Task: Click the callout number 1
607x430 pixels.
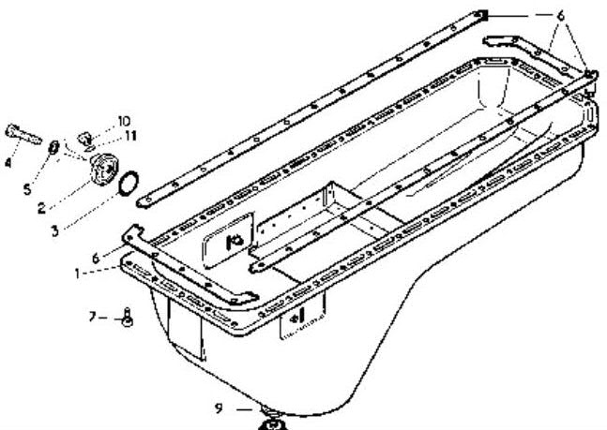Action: coord(78,274)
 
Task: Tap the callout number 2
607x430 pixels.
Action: coord(41,208)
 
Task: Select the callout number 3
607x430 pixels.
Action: coord(55,231)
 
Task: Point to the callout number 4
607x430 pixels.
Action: coord(8,162)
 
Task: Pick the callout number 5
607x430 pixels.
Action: coord(27,189)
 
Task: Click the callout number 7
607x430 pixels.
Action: coord(92,318)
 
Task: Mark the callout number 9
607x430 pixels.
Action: coord(220,408)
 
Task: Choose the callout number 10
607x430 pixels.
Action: coord(124,122)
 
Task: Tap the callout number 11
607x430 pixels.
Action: coord(130,136)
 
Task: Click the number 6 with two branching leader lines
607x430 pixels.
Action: coord(560,16)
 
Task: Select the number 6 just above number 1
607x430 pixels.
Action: coord(96,258)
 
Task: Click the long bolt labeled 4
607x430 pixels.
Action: coord(23,134)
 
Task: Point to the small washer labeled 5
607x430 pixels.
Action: coord(53,147)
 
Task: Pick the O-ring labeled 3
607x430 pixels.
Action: coord(129,184)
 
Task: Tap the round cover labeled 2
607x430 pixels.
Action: coord(103,169)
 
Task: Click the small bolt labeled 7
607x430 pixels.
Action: coord(127,318)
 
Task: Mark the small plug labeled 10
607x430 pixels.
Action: coord(84,139)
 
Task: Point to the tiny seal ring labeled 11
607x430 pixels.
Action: coord(89,148)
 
